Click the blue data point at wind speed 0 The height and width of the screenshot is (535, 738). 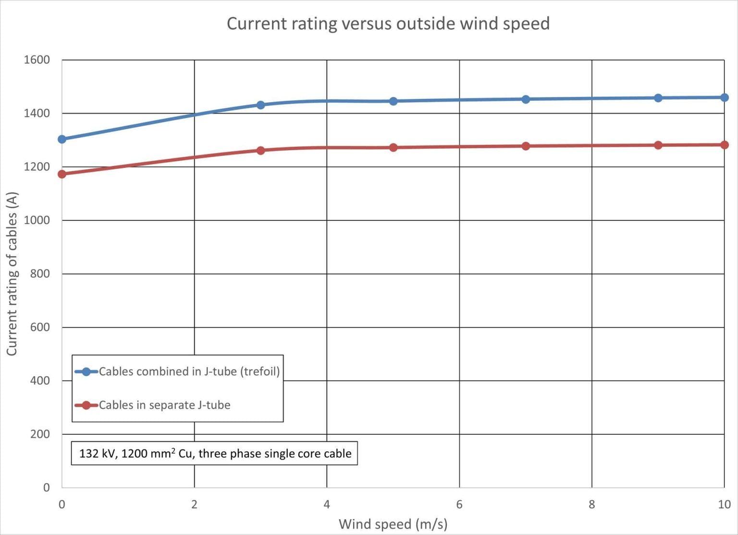[x=62, y=139]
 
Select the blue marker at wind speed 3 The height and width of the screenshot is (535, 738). [x=261, y=105]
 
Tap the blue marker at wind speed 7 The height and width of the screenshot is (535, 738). [x=526, y=99]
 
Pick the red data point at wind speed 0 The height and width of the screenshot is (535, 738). [x=62, y=174]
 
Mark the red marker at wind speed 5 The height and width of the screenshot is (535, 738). [x=394, y=147]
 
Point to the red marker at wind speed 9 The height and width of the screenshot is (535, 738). [x=658, y=145]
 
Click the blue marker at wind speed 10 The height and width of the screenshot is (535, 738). [x=725, y=97]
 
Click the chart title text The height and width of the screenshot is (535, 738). [x=388, y=24]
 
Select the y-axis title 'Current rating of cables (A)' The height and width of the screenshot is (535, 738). [x=12, y=273]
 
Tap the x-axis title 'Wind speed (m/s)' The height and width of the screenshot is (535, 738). [x=393, y=523]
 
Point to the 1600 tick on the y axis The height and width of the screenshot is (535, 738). [x=37, y=60]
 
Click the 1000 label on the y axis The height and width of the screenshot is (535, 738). [x=37, y=220]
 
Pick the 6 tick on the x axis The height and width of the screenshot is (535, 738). [x=459, y=504]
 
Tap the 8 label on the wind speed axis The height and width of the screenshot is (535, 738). [x=592, y=504]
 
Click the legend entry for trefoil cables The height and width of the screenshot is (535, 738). [x=189, y=371]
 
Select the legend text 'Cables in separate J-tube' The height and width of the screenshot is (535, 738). [x=165, y=405]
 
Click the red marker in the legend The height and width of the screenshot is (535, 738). [x=86, y=405]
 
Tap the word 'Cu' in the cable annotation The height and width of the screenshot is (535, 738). [x=185, y=453]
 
